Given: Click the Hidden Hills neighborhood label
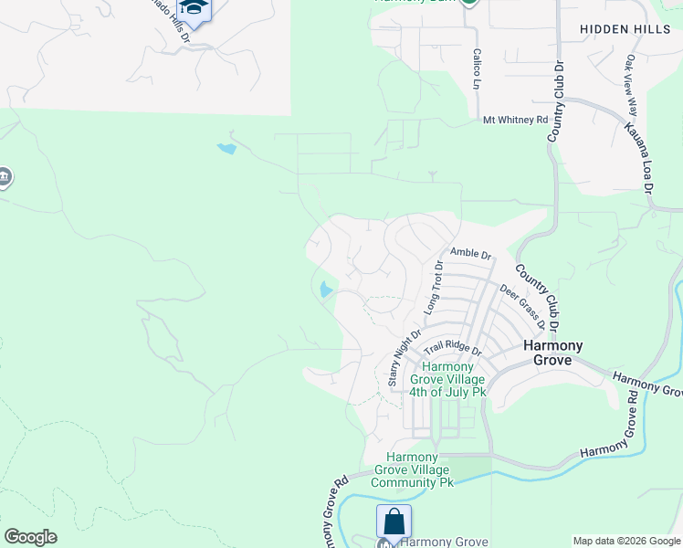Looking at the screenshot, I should (624, 29).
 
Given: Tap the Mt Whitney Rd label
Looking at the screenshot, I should (515, 120).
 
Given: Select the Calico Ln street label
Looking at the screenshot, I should (477, 68).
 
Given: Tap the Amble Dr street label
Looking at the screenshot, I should (470, 253).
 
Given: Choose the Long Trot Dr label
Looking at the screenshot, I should (433, 288).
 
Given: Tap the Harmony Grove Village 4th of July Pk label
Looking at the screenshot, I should (448, 377).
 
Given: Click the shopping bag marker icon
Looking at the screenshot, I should (394, 522).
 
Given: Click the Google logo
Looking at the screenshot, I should (30, 537).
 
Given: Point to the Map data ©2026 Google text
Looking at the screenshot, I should (625, 541).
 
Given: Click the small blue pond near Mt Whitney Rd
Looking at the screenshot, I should (226, 147).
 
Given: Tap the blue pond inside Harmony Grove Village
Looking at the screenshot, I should (325, 290).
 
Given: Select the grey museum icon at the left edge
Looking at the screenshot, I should (4, 176).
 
